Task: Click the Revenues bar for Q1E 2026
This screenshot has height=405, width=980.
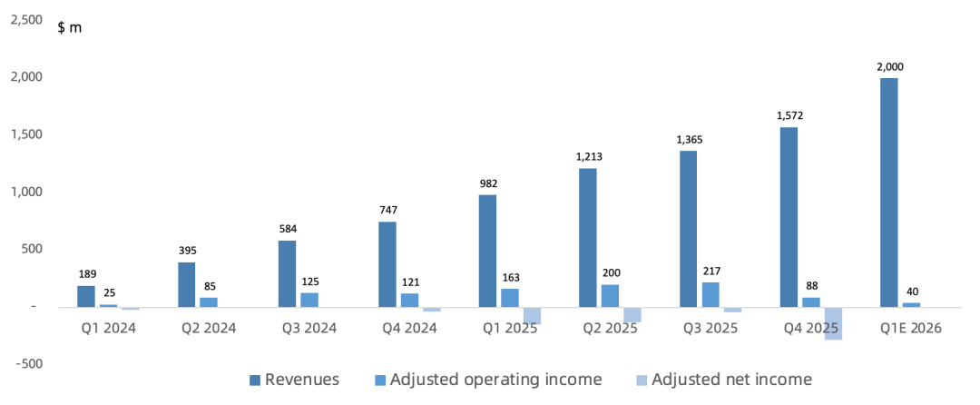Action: pyautogui.click(x=889, y=193)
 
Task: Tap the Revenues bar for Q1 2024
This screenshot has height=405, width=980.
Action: pyautogui.click(x=86, y=296)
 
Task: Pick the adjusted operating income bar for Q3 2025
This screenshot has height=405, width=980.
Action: pyautogui.click(x=710, y=294)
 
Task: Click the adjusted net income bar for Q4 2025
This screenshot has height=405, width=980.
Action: pyautogui.click(x=833, y=323)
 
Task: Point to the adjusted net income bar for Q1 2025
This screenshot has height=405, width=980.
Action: pyautogui.click(x=532, y=315)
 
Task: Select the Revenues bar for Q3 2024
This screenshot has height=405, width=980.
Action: pyautogui.click(x=287, y=273)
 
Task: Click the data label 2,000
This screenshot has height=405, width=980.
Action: pyautogui.click(x=889, y=66)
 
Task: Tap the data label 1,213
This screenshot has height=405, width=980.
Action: pyautogui.click(x=589, y=156)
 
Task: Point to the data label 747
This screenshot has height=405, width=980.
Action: pyautogui.click(x=387, y=210)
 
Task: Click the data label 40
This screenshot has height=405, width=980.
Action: pyautogui.click(x=911, y=291)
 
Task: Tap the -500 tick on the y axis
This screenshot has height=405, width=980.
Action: pyautogui.click(x=27, y=363)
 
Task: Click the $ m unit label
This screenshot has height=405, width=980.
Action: pyautogui.click(x=70, y=27)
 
